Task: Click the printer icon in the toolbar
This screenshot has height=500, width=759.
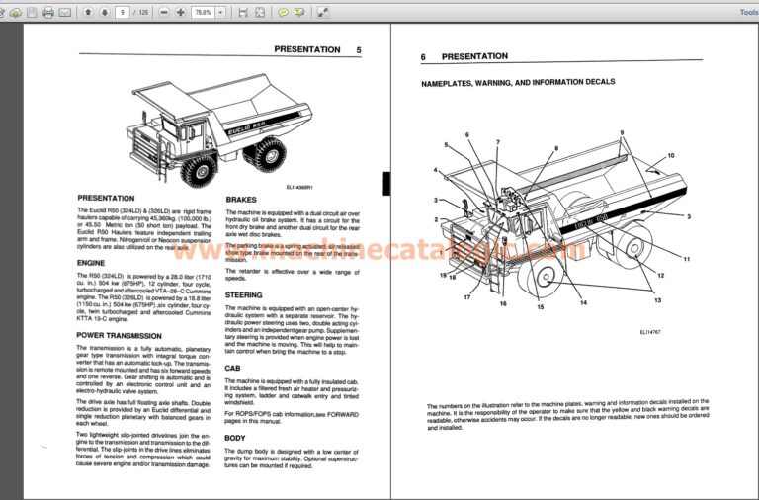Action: point(47,13)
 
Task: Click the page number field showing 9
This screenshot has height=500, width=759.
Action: point(122,13)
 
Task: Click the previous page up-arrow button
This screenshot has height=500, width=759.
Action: point(87,13)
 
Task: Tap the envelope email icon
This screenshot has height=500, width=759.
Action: point(65,13)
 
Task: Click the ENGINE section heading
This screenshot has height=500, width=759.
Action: point(91,262)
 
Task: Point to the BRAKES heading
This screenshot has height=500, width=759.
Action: point(241,200)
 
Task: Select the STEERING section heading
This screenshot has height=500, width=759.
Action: point(244,294)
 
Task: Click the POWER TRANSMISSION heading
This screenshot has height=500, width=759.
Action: point(120,335)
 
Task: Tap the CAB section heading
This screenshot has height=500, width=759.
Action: point(232,368)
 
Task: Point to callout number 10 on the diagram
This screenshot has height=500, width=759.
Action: point(670,156)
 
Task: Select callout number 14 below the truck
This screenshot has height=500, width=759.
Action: point(582,302)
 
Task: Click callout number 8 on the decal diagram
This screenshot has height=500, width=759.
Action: point(555,148)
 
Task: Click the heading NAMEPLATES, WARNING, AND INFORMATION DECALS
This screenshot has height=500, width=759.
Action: point(518,82)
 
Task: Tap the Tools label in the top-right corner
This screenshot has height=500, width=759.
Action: point(748,13)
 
